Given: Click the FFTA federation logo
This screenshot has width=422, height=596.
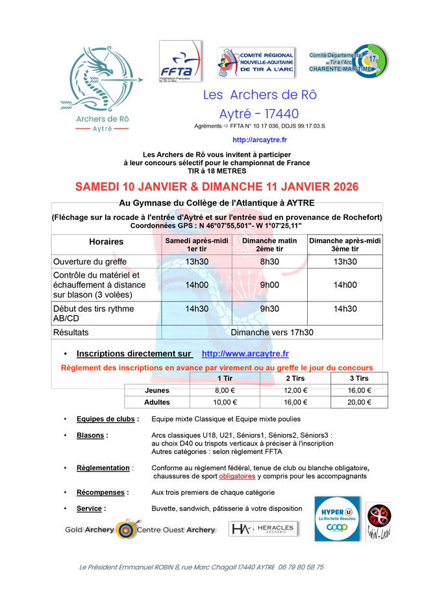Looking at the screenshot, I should (180, 62).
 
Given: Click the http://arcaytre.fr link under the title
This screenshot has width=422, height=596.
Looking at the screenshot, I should (260, 139).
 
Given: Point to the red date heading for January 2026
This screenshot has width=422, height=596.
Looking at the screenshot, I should (217, 187).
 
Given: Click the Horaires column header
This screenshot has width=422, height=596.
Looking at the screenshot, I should (106, 242).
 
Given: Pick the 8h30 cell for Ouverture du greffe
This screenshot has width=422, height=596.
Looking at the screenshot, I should (269, 261).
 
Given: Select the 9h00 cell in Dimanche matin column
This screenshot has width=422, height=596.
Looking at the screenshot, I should (269, 285).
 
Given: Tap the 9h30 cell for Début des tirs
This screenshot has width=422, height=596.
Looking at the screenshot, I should (269, 309).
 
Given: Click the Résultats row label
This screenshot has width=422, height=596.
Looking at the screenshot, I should (71, 332).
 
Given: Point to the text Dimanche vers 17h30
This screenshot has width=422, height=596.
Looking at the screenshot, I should (272, 332).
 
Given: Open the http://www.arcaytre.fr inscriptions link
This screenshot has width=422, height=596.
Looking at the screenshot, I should (245, 353).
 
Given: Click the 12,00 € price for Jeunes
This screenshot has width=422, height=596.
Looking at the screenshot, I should (296, 390).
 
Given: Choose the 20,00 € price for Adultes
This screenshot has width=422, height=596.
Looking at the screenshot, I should (359, 402).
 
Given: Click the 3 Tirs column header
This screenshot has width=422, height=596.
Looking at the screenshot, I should (359, 379).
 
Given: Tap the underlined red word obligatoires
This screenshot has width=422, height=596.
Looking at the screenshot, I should (237, 476).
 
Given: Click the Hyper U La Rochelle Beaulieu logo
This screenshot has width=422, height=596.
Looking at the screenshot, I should (337, 518).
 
